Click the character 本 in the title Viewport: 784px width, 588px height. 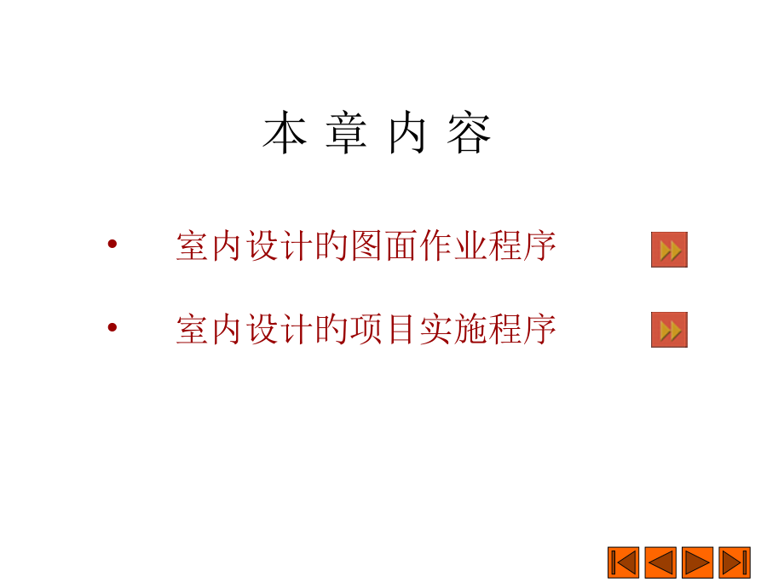[285, 134]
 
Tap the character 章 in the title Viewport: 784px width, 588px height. [346, 134]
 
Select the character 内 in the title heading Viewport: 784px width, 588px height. [407, 134]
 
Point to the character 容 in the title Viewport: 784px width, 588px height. [470, 134]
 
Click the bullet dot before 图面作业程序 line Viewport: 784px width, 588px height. [112, 245]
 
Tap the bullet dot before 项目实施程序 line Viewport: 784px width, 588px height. [112, 327]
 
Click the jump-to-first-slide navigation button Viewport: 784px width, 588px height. [623, 562]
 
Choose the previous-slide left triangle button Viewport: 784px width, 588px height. [660, 562]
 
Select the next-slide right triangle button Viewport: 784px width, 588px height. [698, 562]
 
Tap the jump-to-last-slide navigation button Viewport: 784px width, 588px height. [735, 562]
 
